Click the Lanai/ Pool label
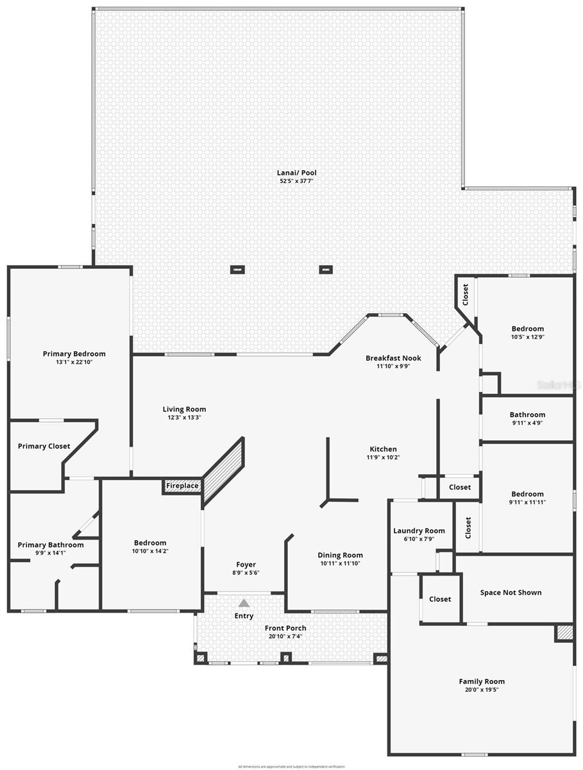(x=298, y=173)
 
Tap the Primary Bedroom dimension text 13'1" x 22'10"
(x=74, y=362)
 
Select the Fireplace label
(x=182, y=486)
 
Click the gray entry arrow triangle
(x=244, y=603)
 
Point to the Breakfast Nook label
(x=393, y=358)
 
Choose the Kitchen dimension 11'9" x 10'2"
(x=383, y=458)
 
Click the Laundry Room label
(x=419, y=531)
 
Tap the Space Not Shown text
(x=511, y=592)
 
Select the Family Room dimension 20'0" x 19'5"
(x=481, y=690)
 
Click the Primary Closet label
(x=44, y=446)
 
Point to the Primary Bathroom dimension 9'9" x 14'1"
(x=50, y=552)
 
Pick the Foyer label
(x=246, y=565)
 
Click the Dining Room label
(x=340, y=555)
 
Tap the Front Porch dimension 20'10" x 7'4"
(x=285, y=637)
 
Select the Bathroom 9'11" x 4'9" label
(x=527, y=415)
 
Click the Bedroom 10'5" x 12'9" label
(x=527, y=329)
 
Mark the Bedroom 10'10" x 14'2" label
(x=150, y=543)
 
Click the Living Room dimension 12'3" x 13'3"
(x=184, y=418)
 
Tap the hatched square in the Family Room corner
(x=564, y=633)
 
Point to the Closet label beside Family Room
(x=440, y=599)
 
